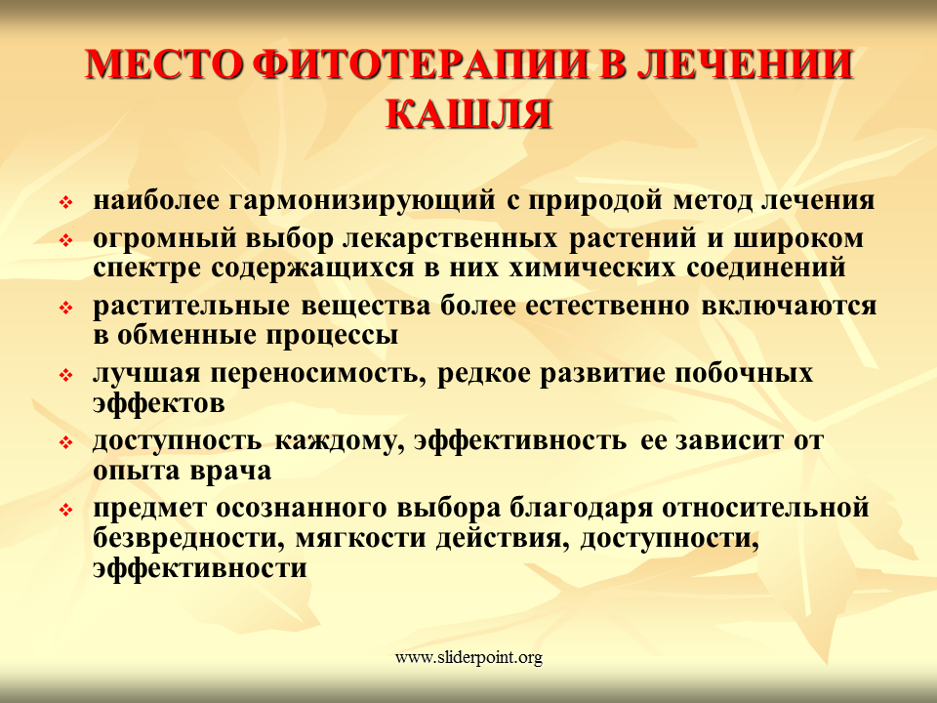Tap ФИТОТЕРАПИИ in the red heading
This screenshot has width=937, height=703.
[421, 63]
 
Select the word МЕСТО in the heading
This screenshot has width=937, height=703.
[164, 63]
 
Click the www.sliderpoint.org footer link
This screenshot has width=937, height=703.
[468, 657]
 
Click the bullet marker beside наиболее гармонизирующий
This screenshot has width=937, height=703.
[65, 203]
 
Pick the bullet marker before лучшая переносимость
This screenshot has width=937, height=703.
[65, 376]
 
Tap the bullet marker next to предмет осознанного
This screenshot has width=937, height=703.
[65, 510]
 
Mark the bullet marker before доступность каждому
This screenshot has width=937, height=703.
[65, 443]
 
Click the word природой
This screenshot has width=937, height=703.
[594, 202]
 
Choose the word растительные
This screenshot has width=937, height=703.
[191, 306]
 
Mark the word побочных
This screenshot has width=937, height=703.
[744, 373]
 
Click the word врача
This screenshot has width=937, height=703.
[230, 471]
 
